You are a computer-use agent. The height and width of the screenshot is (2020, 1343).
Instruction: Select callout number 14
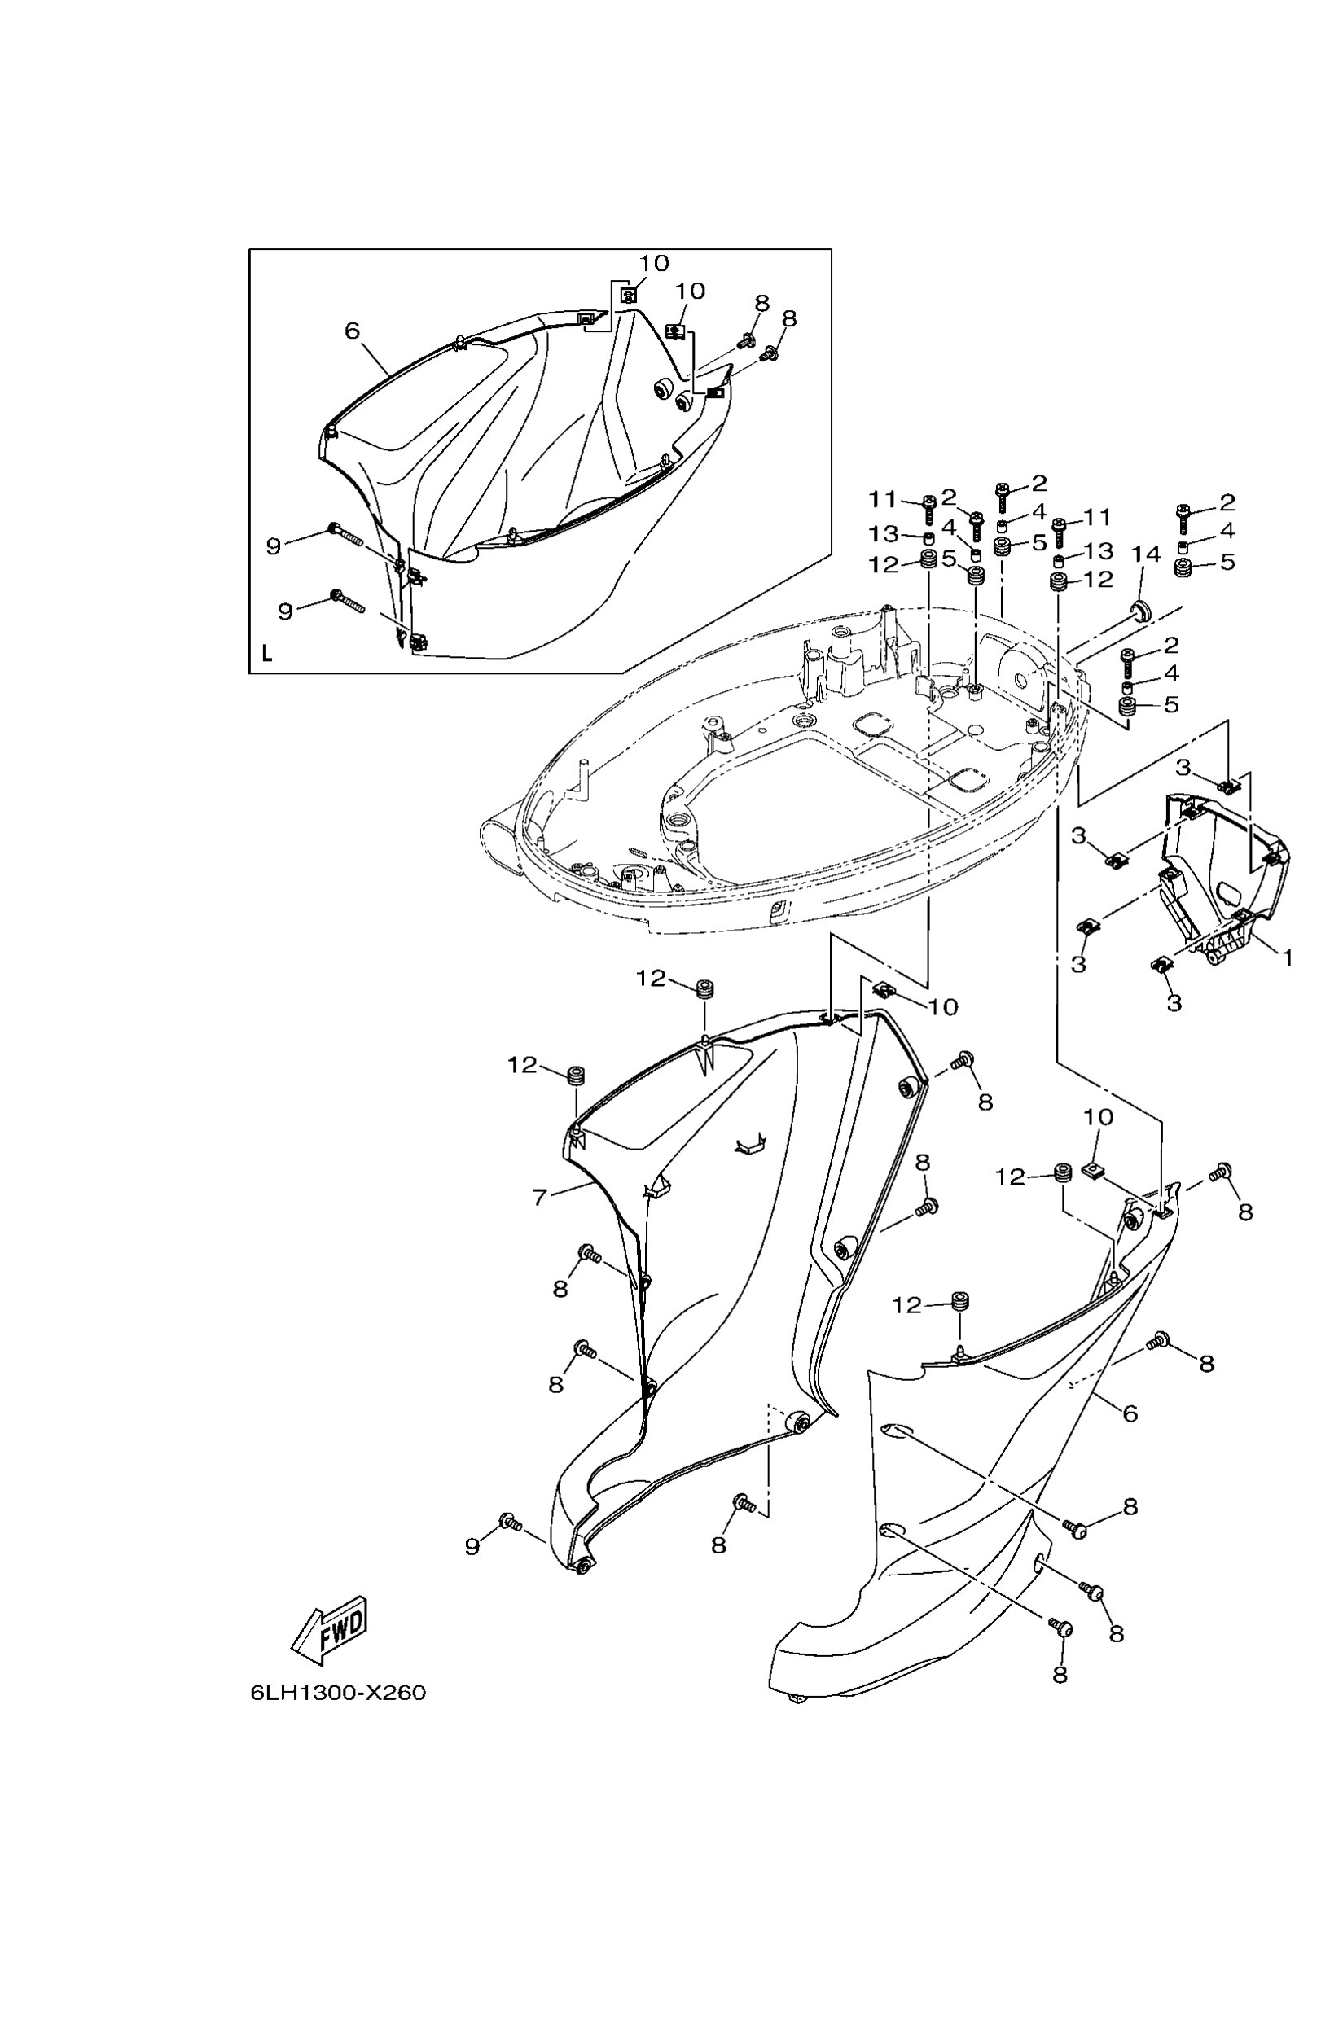click(x=1146, y=554)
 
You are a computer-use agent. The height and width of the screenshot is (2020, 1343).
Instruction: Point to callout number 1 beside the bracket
click(x=1286, y=957)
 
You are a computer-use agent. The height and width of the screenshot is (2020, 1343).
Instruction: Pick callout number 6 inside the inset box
click(x=352, y=331)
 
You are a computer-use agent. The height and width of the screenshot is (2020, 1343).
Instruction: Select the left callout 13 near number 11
click(x=883, y=533)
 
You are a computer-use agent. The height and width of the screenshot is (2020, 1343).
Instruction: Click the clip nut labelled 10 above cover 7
click(x=884, y=991)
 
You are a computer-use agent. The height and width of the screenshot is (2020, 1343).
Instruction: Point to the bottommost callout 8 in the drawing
click(x=1060, y=1673)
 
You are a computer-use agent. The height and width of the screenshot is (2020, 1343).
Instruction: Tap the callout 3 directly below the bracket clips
click(x=1174, y=1002)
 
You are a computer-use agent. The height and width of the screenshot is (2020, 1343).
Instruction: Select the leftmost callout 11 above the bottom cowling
click(x=882, y=498)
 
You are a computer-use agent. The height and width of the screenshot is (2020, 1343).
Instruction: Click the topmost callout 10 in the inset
click(x=653, y=263)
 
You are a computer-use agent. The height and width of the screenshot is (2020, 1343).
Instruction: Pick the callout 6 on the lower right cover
click(x=1130, y=1413)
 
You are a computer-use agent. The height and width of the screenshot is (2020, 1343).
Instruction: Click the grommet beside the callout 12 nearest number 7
click(x=576, y=1076)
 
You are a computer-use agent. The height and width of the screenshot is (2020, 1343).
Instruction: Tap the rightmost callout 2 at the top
click(x=1227, y=501)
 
